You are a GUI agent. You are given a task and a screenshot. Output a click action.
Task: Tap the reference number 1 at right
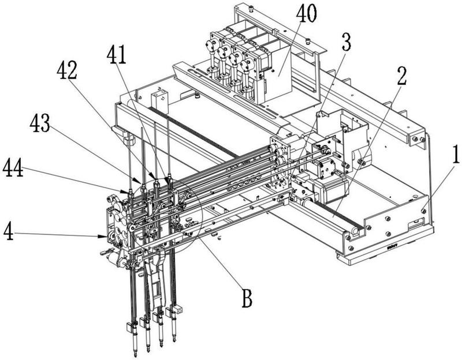point(454,155)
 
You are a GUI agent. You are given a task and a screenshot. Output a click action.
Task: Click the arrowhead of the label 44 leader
point(126,191)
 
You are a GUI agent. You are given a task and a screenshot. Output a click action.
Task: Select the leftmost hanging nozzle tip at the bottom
point(134,348)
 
